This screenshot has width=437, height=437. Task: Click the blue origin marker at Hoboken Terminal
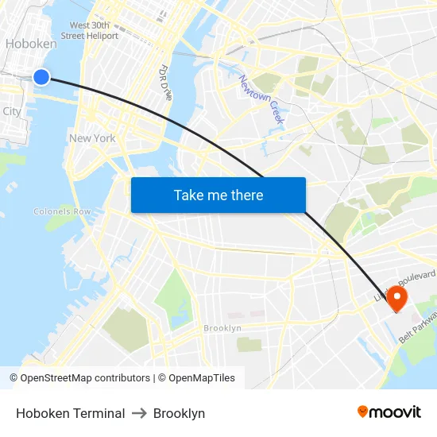(41, 76)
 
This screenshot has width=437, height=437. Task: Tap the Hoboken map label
(30, 44)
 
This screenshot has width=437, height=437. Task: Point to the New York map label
(92, 138)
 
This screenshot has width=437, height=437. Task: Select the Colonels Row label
(62, 212)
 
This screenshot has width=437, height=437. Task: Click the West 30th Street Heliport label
(94, 31)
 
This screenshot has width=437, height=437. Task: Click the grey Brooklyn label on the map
(222, 328)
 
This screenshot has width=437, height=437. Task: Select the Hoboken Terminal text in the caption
(70, 413)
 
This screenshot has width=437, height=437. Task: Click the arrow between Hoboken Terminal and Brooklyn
(139, 413)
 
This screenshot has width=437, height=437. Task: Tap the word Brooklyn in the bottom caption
(179, 413)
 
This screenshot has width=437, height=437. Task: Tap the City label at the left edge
(11, 112)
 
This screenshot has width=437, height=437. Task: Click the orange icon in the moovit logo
(363, 412)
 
